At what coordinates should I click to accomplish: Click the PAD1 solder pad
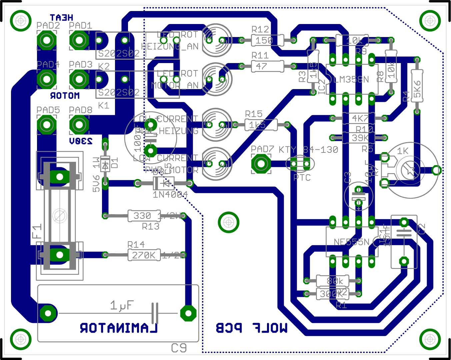[79, 40]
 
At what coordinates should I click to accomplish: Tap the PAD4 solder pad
[46, 79]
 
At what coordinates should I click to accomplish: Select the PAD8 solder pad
[79, 125]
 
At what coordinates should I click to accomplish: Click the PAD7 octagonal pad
[261, 164]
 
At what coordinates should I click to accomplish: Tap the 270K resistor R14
[144, 255]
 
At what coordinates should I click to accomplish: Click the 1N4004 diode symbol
[163, 183]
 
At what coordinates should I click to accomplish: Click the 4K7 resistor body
[359, 118]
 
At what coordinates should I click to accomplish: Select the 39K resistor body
[359, 137]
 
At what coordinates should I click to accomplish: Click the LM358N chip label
[351, 79]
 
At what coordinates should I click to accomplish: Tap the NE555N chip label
[351, 242]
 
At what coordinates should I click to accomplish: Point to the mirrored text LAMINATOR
[119, 328]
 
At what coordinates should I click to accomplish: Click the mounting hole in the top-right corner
[430, 21]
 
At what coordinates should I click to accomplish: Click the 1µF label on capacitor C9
[122, 305]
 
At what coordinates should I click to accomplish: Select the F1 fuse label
[37, 231]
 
